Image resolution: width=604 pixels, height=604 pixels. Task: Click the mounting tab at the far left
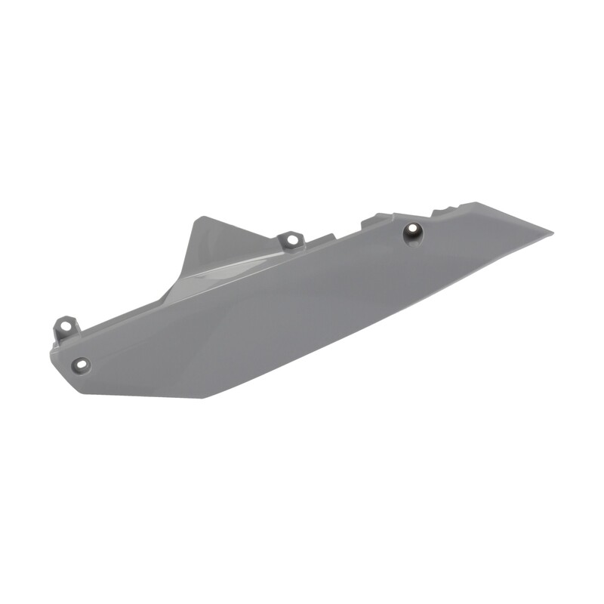pyautogui.click(x=66, y=329)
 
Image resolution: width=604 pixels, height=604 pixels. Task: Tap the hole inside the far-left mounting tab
pyautogui.click(x=66, y=326)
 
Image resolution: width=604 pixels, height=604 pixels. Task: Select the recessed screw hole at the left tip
pyautogui.click(x=80, y=365)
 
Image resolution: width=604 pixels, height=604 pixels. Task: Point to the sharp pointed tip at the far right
pyautogui.click(x=552, y=233)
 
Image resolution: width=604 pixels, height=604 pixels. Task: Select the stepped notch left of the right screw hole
pyautogui.click(x=375, y=220)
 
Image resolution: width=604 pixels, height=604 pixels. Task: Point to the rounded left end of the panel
pyautogui.click(x=53, y=355)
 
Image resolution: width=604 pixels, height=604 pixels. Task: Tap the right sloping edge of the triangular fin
pyautogui.click(x=242, y=230)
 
